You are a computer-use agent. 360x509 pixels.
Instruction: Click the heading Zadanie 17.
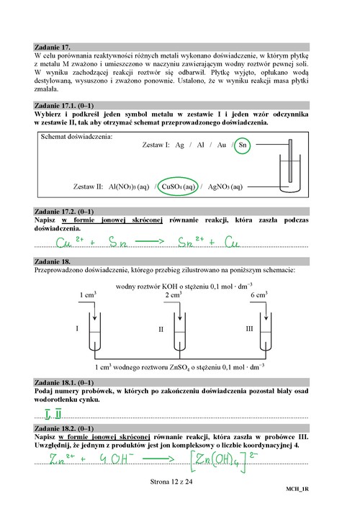[x=53, y=47]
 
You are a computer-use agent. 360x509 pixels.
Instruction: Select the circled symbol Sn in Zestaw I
[x=242, y=145]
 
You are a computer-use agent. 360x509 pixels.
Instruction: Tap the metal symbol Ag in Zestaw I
[x=179, y=145]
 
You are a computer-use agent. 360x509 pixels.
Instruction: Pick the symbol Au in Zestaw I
[x=221, y=145]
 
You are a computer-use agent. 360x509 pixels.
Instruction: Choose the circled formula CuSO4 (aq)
[x=178, y=186]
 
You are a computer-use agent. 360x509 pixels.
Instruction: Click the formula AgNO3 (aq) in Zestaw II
[x=225, y=186]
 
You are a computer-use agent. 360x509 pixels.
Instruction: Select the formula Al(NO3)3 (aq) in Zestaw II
[x=129, y=186]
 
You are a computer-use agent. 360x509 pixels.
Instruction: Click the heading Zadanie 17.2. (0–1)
[x=64, y=212]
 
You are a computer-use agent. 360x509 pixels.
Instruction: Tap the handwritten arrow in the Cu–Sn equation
[x=150, y=241]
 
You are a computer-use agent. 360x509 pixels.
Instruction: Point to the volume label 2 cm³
[x=174, y=294]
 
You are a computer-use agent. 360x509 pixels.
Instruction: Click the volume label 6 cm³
[x=258, y=294]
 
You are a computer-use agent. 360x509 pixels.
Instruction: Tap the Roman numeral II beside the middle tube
[x=161, y=329]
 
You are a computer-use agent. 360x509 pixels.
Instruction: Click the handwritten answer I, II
[x=53, y=413]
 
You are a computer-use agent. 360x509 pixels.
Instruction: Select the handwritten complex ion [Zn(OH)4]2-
[x=224, y=461]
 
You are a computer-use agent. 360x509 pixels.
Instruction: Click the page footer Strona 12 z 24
[x=171, y=482]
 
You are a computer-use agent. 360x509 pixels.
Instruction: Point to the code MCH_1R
[x=297, y=489]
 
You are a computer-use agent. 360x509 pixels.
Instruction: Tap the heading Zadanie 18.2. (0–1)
[x=64, y=428]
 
